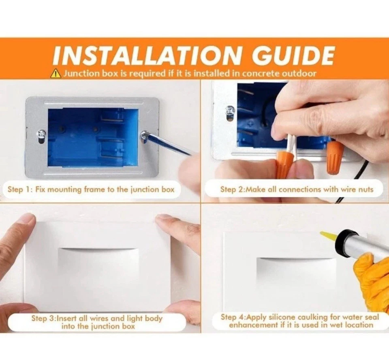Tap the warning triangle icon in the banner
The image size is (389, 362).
click(55, 73)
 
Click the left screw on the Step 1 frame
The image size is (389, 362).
click(41, 134)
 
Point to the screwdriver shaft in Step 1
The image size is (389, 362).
click(168, 145)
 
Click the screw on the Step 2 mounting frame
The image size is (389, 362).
click(231, 110)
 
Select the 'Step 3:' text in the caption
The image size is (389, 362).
click(43, 319)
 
